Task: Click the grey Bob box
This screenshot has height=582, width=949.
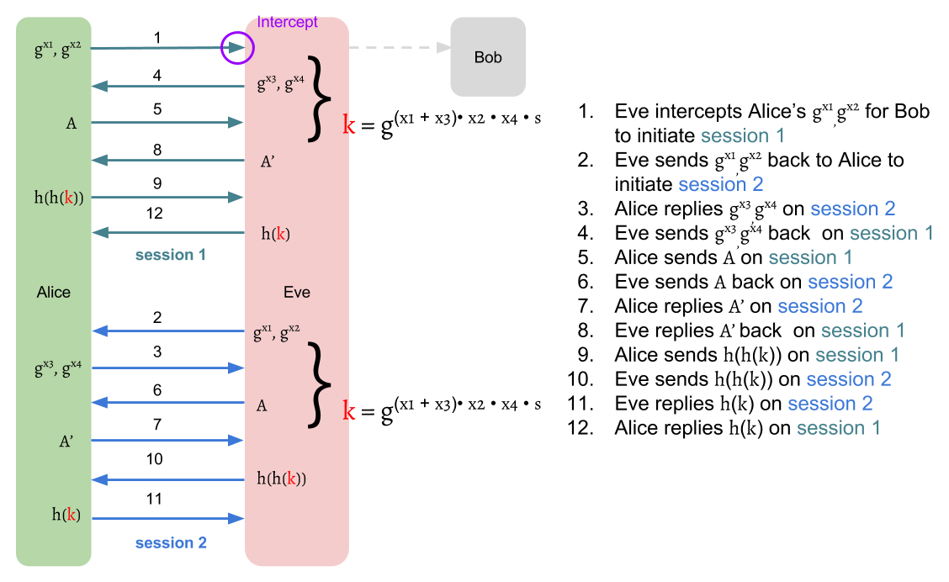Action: pyautogui.click(x=488, y=57)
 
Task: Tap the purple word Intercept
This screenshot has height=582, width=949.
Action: pyautogui.click(x=288, y=22)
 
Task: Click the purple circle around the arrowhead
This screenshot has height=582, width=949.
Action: pyautogui.click(x=237, y=48)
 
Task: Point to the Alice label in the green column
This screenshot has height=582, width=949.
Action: pyautogui.click(x=54, y=293)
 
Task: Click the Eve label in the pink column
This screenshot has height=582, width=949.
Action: pyautogui.click(x=297, y=293)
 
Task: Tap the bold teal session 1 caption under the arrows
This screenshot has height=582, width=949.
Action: pyautogui.click(x=171, y=255)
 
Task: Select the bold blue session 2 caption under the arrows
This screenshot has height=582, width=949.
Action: pyautogui.click(x=171, y=543)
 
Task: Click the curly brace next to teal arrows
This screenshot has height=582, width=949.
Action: pyautogui.click(x=320, y=98)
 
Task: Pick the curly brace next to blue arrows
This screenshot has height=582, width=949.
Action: pyautogui.click(x=320, y=384)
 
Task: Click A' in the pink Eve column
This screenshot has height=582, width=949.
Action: pyautogui.click(x=268, y=162)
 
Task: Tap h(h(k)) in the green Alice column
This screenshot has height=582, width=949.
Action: pyautogui.click(x=58, y=198)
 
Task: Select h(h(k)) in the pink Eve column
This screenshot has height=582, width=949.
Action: pyautogui.click(x=281, y=479)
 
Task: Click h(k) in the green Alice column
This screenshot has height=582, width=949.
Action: pyautogui.click(x=66, y=516)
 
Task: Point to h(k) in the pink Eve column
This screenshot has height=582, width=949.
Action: pyautogui.click(x=275, y=235)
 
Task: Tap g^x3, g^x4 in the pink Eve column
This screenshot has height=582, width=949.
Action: pyautogui.click(x=280, y=84)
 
